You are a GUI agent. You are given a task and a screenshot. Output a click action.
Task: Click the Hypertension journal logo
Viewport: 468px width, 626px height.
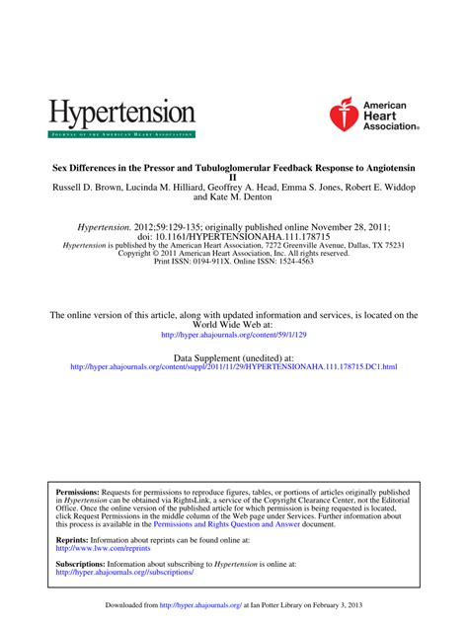pyautogui.click(x=121, y=116)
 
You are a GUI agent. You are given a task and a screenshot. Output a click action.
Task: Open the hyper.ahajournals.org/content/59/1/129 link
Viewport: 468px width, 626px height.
pyautogui.click(x=233, y=335)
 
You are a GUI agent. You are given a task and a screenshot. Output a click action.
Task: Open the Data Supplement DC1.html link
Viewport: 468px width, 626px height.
pyautogui.click(x=233, y=366)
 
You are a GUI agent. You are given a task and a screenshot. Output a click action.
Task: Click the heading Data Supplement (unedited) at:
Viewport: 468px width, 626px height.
pyautogui.click(x=233, y=356)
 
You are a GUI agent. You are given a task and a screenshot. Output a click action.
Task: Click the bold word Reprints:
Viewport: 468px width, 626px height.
pyautogui.click(x=72, y=541)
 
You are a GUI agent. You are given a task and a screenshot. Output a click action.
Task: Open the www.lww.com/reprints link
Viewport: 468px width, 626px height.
pyautogui.click(x=97, y=550)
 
